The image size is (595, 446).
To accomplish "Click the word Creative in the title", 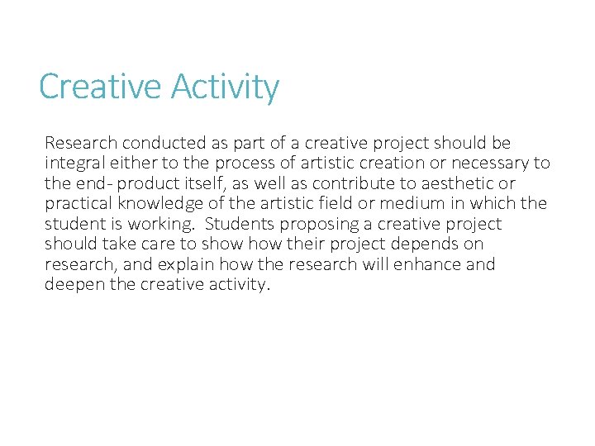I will click(92, 87).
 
